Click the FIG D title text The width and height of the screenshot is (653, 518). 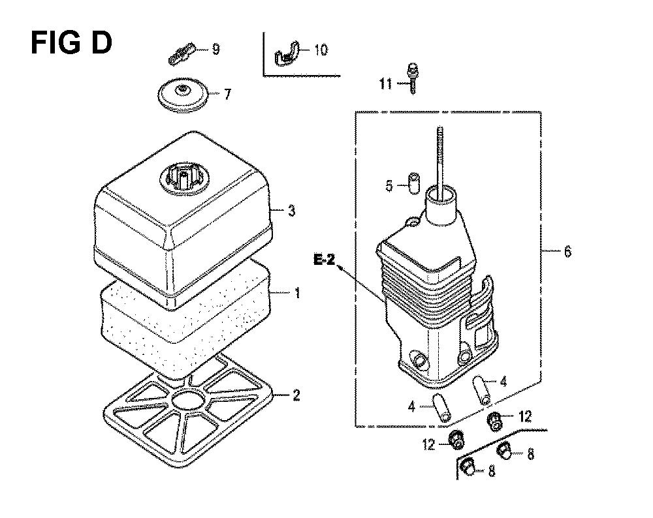[x=71, y=43]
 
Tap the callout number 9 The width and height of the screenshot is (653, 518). [x=215, y=50]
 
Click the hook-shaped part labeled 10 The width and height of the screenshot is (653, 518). [x=287, y=53]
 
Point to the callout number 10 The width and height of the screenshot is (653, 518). [x=321, y=50]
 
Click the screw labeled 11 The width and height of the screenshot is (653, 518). [x=412, y=78]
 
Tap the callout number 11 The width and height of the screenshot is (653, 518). [x=385, y=84]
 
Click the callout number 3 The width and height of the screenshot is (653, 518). [x=291, y=211]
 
